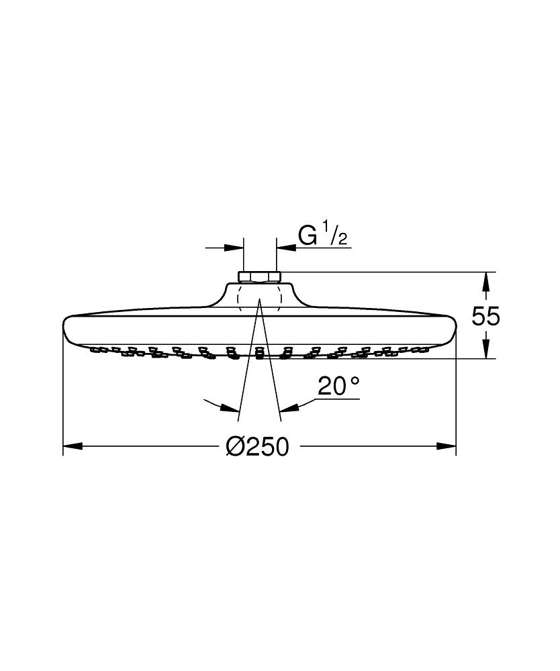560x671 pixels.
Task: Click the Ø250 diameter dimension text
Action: coord(258,446)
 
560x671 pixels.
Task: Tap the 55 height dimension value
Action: coord(485,315)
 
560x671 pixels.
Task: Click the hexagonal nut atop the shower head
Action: coord(260,276)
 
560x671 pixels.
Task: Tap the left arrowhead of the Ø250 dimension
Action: coord(72,446)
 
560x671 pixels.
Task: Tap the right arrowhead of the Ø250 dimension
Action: coord(447,446)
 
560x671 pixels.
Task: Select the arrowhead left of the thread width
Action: coord(234,248)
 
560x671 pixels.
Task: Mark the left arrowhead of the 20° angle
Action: coord(232,407)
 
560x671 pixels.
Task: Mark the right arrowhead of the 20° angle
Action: coord(288,407)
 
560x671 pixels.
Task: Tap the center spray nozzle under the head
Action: coord(259,352)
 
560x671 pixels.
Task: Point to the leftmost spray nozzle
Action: coord(95,349)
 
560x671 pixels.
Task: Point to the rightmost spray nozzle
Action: coord(424,349)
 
